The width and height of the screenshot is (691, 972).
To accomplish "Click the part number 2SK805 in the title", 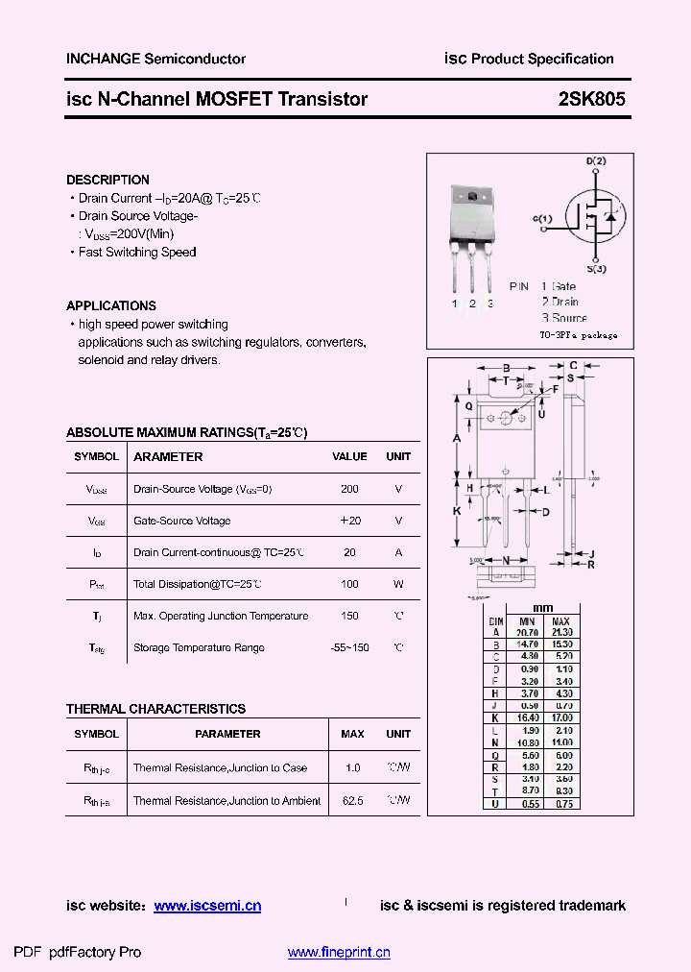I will (x=592, y=99).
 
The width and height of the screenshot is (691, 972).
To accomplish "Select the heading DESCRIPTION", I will (x=107, y=180).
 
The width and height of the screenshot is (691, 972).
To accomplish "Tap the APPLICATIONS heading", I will (x=111, y=305).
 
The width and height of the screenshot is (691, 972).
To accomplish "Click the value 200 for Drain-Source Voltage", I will (x=349, y=489).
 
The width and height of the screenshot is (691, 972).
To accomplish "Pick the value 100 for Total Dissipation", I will (x=349, y=584).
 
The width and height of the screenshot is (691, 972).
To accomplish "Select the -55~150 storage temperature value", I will (x=349, y=647).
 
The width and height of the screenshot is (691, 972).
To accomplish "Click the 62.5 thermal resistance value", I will (x=352, y=800).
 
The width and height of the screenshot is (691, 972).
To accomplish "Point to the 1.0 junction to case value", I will (x=352, y=768).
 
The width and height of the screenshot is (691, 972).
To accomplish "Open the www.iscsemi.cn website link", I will (x=207, y=906).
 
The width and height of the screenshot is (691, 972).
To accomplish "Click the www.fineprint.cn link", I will (x=339, y=953).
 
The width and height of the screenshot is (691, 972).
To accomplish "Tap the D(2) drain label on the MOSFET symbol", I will (x=596, y=161).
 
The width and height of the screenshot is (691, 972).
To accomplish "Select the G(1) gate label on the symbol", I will (x=542, y=219).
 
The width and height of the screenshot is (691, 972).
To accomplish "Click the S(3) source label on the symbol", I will (x=596, y=269).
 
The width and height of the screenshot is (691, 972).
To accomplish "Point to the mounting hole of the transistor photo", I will (x=472, y=198).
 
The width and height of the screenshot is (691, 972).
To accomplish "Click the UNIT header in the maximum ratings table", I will (x=398, y=457).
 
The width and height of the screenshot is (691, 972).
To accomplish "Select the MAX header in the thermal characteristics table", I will (x=352, y=734).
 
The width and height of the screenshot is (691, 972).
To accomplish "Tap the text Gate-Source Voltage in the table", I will (x=181, y=521).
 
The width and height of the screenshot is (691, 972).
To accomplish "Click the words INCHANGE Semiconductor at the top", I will (x=155, y=59).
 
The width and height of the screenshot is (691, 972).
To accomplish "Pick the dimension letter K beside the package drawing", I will (x=458, y=511).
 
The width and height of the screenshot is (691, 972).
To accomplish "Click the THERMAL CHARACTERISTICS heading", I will (x=155, y=709).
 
